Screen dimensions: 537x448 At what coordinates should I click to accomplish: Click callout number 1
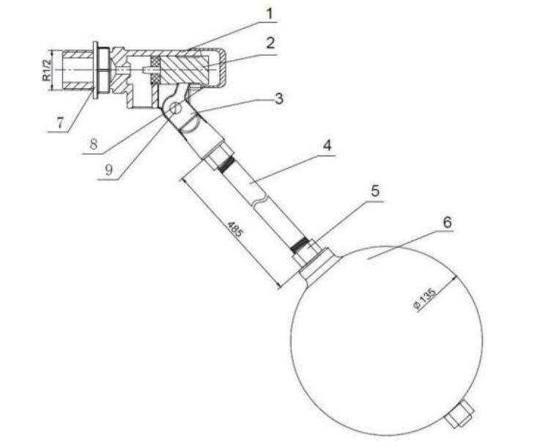(x=270, y=14)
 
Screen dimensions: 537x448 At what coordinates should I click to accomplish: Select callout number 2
(x=270, y=43)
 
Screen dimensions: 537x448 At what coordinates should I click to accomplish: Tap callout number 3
(x=279, y=98)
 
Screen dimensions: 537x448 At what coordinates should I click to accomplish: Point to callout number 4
(x=327, y=145)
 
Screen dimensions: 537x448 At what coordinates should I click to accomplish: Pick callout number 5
(x=375, y=191)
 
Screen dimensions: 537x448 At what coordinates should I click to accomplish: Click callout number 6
(x=448, y=222)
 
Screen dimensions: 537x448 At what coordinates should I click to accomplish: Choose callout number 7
(x=60, y=122)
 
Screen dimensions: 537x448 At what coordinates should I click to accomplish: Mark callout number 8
(x=94, y=144)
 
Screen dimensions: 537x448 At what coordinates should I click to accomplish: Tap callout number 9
(x=109, y=169)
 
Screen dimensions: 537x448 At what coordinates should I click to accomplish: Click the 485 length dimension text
(x=235, y=229)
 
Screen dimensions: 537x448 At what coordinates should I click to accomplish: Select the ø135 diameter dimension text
(x=425, y=298)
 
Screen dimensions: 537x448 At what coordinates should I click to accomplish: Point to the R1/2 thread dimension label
(x=47, y=70)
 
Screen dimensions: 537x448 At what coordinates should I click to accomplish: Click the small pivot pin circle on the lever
(x=175, y=108)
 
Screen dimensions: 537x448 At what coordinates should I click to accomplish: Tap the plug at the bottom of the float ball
(x=460, y=415)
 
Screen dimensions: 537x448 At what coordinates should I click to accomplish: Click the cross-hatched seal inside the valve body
(x=156, y=70)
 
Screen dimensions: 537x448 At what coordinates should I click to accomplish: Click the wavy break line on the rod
(x=260, y=201)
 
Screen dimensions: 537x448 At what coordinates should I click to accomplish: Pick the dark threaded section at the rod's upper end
(x=226, y=164)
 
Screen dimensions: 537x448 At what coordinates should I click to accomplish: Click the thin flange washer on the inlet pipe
(x=95, y=70)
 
